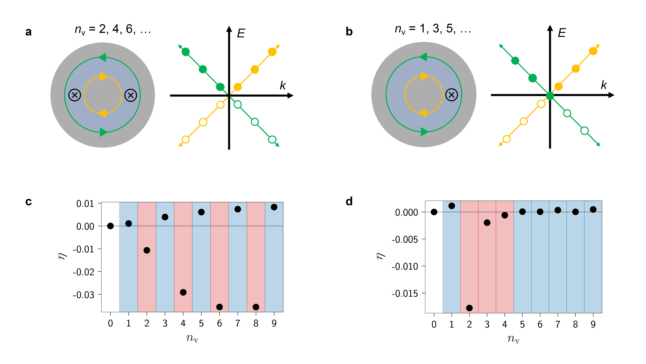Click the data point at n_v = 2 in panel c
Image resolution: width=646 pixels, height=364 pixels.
(147, 250)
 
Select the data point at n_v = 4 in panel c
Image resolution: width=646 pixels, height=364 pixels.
(183, 292)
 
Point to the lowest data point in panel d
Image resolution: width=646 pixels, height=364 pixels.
(469, 308)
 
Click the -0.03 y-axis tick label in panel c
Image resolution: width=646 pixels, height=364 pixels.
(84, 295)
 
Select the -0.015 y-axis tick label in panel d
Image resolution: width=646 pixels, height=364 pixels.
(405, 293)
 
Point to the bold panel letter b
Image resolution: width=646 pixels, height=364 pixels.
(349, 32)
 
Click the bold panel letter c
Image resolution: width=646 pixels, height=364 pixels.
(29, 202)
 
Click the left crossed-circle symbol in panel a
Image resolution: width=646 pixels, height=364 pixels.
(74, 95)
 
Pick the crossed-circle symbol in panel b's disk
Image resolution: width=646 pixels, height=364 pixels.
(451, 95)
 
